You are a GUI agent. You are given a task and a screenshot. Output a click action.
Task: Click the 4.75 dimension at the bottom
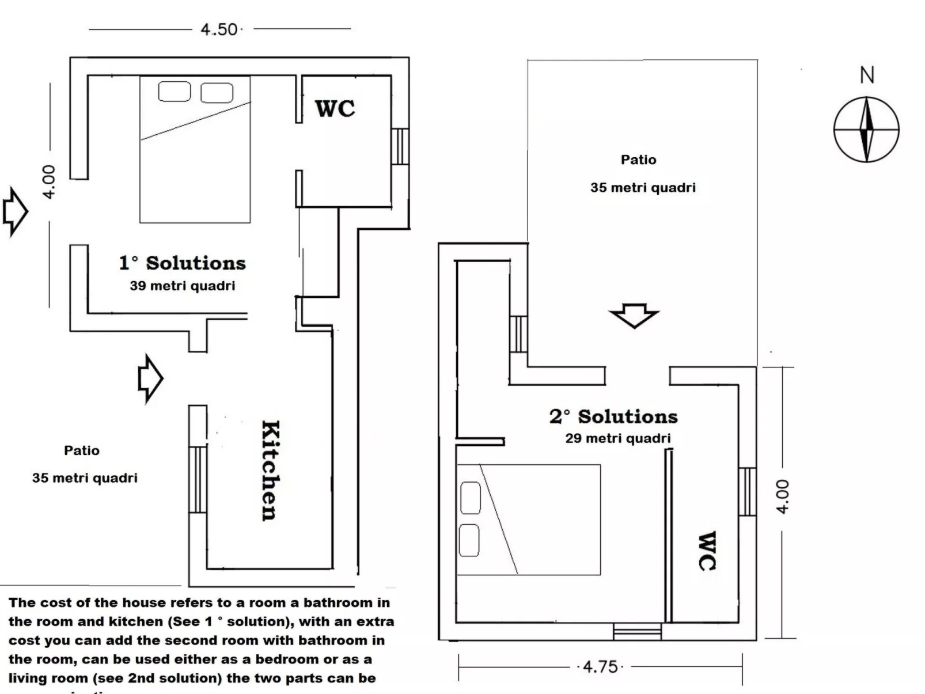point(600,667)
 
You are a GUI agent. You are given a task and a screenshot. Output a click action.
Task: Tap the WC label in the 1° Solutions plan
point(335,108)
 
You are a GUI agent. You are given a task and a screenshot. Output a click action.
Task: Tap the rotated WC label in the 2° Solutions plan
point(707,551)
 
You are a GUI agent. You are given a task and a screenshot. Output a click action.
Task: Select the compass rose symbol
point(866,130)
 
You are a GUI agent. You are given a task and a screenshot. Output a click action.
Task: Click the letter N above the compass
point(867,75)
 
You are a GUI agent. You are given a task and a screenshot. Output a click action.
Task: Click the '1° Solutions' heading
point(183,263)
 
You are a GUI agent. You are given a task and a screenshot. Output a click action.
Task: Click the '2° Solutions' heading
point(613,416)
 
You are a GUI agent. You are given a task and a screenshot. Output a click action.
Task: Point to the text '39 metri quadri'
point(183,286)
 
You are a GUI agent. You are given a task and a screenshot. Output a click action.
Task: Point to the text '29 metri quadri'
point(618,438)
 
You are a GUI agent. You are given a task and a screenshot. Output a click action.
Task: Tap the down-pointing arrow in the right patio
point(634,315)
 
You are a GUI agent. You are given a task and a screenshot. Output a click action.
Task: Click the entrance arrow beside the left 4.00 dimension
point(15,211)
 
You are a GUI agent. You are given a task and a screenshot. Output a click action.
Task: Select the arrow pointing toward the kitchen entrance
point(150,378)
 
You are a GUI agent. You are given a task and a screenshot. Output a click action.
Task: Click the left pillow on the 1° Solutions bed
point(175,92)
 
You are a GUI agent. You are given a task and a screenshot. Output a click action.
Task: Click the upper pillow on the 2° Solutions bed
point(471,498)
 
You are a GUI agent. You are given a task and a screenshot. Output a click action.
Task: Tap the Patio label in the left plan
point(82,450)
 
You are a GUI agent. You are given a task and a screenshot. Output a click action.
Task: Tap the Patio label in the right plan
point(638,160)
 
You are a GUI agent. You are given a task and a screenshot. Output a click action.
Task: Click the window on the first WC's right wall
point(400,146)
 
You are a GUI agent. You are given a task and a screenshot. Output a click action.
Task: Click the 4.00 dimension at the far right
point(782,496)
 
